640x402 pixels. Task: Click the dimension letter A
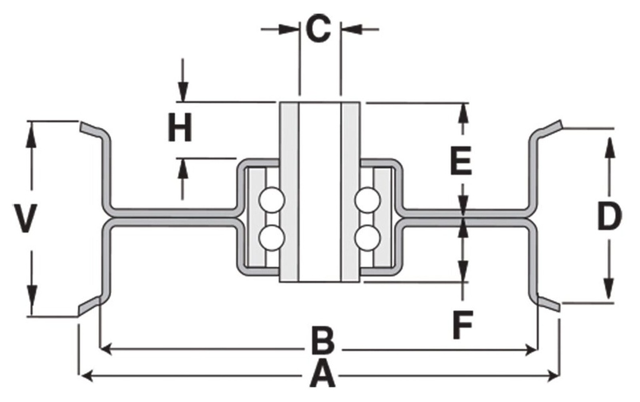pyautogui.click(x=319, y=375)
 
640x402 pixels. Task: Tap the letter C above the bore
pyautogui.click(x=318, y=29)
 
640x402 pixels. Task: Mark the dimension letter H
pyautogui.click(x=180, y=130)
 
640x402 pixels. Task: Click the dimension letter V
pyautogui.click(x=24, y=219)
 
